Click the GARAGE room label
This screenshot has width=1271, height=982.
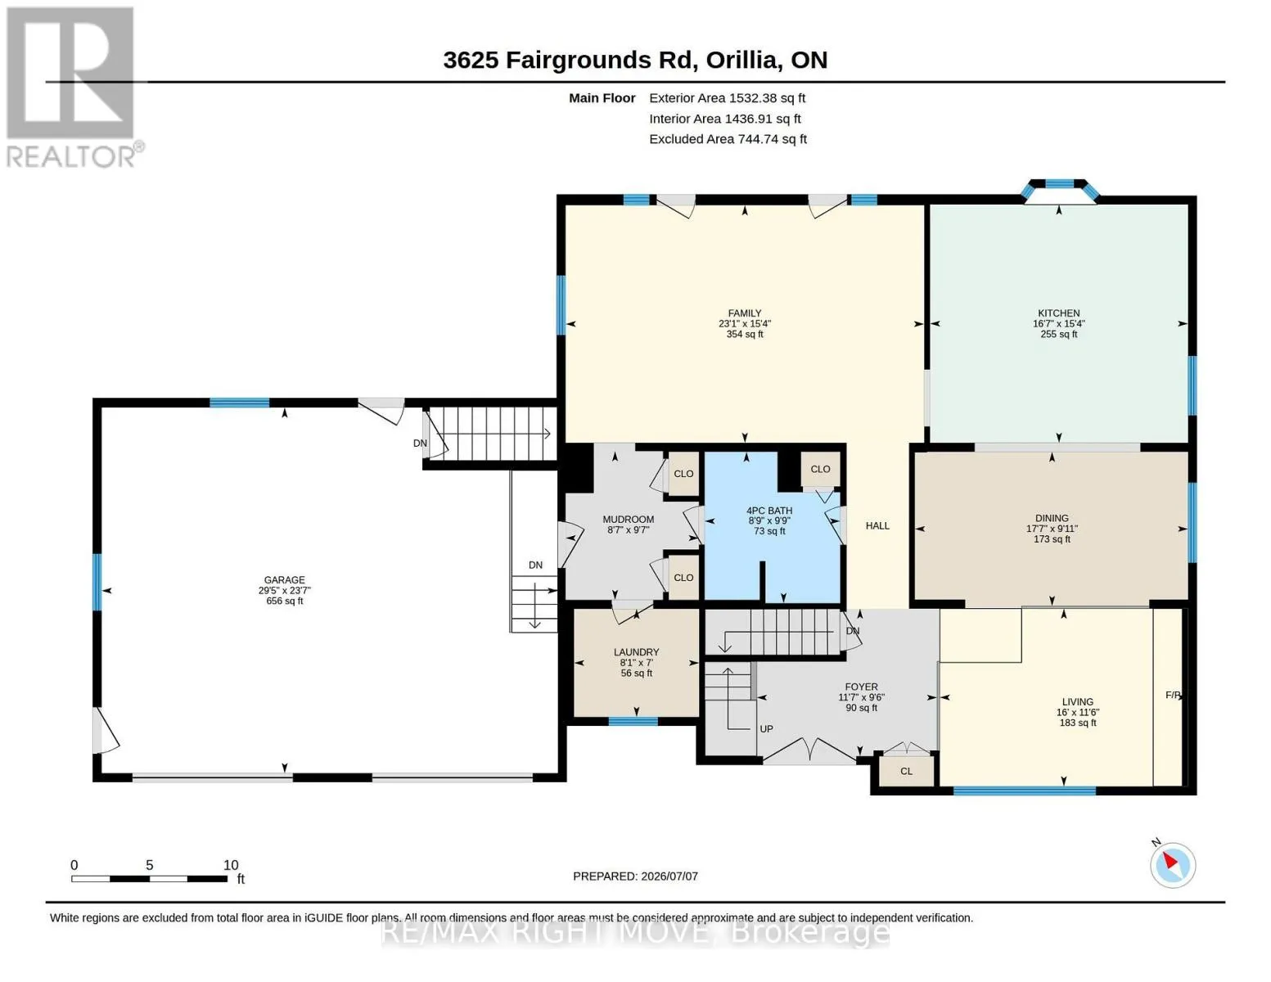tap(284, 579)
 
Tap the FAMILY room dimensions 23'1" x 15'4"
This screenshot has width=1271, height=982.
tap(745, 323)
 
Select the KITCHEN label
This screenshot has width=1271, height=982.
tap(1059, 313)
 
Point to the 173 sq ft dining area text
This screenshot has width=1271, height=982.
tap(1052, 538)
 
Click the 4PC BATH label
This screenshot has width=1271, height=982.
tap(769, 511)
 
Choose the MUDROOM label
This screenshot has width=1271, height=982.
tap(629, 520)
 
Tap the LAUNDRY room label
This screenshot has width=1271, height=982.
tap(637, 651)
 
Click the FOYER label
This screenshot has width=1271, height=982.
tap(861, 687)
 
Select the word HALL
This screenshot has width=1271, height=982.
tap(877, 526)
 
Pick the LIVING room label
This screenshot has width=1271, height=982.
tap(1077, 702)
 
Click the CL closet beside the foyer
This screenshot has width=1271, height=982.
tap(906, 771)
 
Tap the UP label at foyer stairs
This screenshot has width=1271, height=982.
tap(766, 729)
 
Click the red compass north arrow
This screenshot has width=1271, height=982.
tap(1170, 860)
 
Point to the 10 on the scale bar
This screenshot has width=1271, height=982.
tap(231, 865)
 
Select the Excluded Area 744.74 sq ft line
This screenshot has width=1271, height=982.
tap(728, 139)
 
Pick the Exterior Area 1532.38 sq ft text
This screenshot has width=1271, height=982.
tap(727, 98)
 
